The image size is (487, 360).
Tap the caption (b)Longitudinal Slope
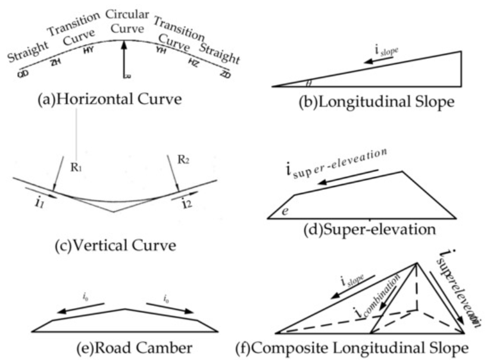tap(377, 102)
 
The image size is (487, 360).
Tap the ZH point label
tap(55, 61)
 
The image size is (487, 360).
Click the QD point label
tap(23, 74)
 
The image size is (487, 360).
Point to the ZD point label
tap(225, 75)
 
